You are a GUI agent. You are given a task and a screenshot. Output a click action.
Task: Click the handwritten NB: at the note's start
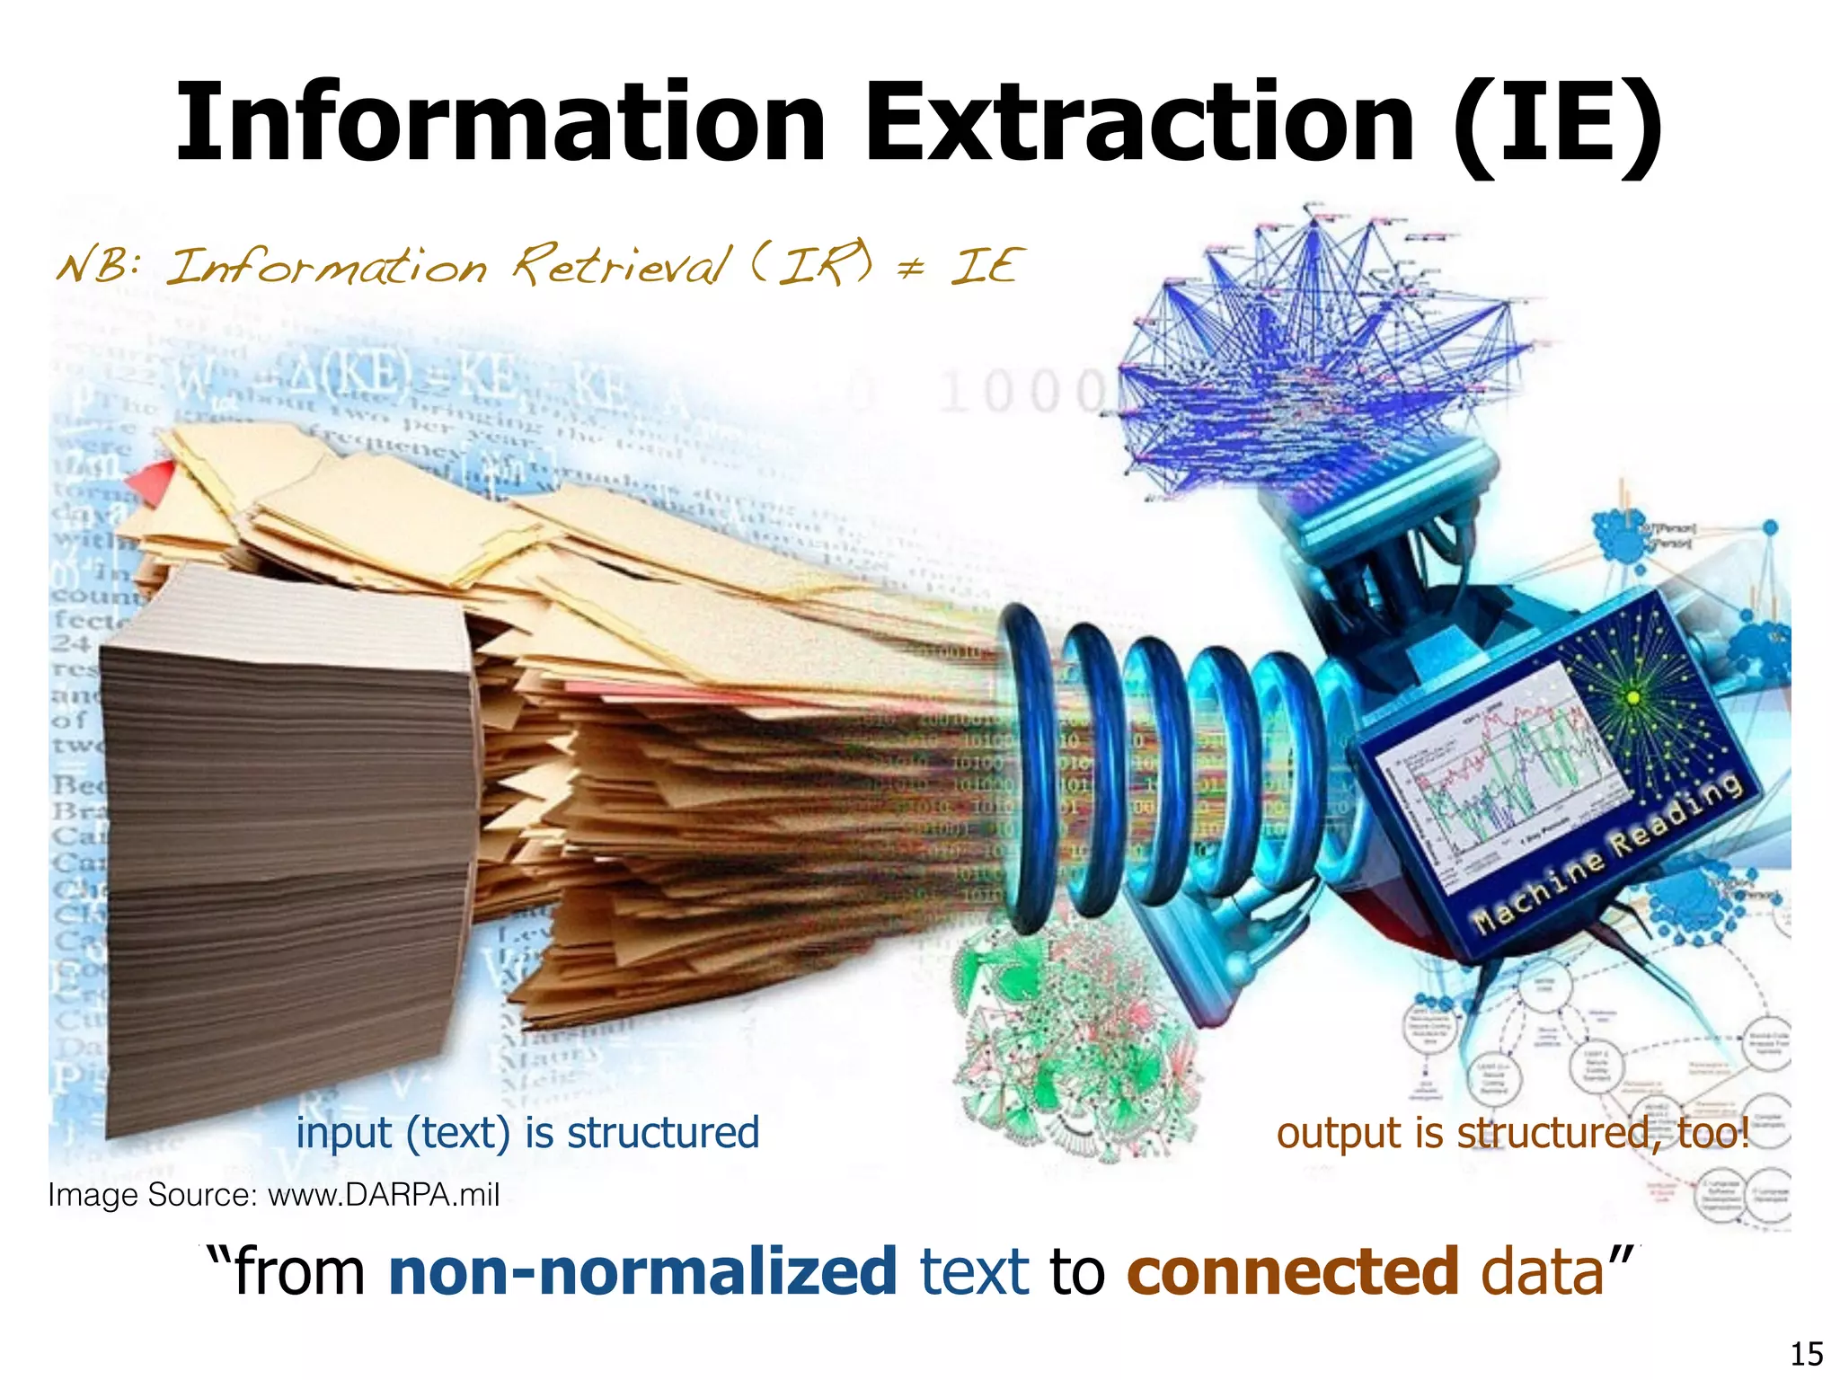(99, 266)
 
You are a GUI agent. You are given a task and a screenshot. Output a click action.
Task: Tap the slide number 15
(1807, 1353)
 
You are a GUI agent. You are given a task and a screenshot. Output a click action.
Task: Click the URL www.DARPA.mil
(384, 1195)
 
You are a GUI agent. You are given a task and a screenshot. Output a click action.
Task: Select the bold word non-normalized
(642, 1271)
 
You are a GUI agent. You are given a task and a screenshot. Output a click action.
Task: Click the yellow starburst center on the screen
(1633, 697)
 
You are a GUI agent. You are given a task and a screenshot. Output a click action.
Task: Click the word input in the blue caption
(343, 1132)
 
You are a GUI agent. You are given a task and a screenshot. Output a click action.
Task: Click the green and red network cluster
(1074, 1042)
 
